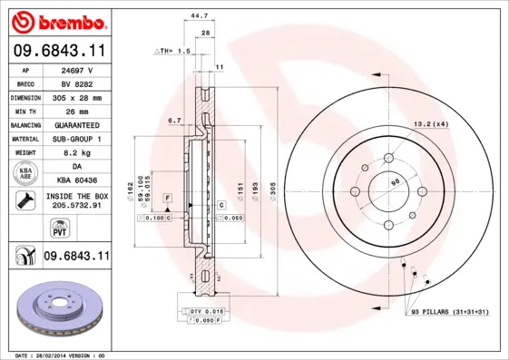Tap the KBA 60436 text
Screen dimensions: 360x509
point(76,180)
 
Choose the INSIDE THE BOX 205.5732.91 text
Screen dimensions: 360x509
point(76,201)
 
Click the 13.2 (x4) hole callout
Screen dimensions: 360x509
point(432,123)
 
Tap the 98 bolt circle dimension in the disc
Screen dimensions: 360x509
point(396,181)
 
